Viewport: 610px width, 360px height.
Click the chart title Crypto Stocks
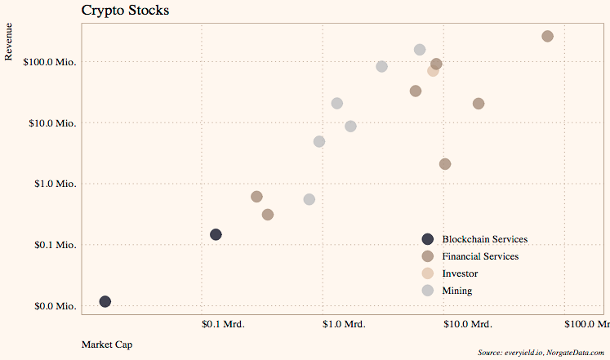point(125,11)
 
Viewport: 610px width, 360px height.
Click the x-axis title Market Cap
point(107,344)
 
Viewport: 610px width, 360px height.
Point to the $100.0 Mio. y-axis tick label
point(48,62)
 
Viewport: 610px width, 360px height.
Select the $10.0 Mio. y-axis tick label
point(51,123)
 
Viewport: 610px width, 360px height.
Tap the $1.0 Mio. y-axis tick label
point(53,184)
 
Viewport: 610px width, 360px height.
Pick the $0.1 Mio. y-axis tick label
point(53,245)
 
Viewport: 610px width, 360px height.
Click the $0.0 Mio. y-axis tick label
point(53,306)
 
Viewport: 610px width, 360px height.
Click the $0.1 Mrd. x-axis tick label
point(223,324)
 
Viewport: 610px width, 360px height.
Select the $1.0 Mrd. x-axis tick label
point(344,324)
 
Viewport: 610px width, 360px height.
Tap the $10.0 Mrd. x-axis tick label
point(466,324)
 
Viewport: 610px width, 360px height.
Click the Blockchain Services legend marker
point(428,239)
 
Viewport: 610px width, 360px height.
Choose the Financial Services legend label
point(480,256)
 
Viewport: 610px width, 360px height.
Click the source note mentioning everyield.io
point(541,352)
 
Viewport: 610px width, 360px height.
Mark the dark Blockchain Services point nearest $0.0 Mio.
point(105,301)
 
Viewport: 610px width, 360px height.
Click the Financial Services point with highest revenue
point(548,37)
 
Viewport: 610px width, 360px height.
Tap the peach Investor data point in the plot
point(433,71)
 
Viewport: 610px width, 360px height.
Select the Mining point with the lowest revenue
point(309,199)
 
